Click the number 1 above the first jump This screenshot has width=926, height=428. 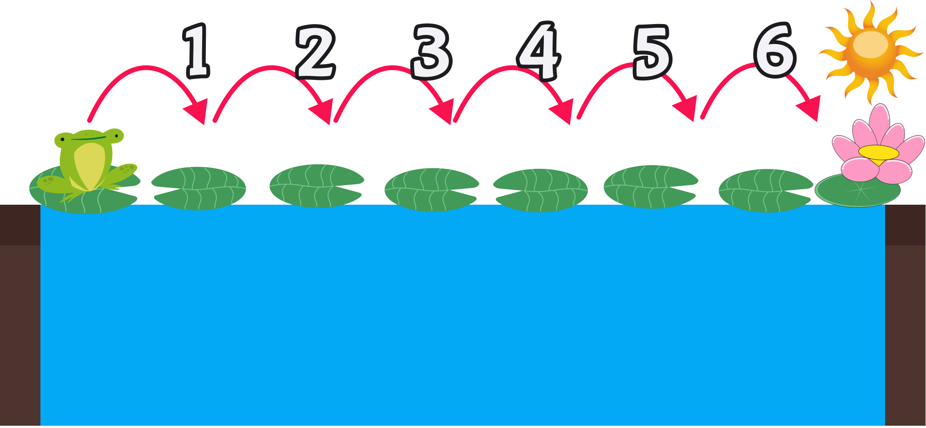click(x=197, y=51)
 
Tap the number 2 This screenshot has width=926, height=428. click(x=315, y=53)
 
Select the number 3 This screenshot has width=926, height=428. click(x=431, y=52)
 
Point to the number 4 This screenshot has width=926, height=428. click(x=539, y=51)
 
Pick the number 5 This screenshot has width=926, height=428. click(x=652, y=52)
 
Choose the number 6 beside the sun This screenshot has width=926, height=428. click(x=775, y=50)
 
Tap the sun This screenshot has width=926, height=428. click(x=870, y=50)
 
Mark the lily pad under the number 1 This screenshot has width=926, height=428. click(x=199, y=188)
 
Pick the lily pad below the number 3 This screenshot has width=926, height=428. click(x=431, y=190)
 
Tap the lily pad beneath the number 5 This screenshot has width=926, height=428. click(x=650, y=187)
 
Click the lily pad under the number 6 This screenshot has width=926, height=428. click(x=765, y=191)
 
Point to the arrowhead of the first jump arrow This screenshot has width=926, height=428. click(x=198, y=111)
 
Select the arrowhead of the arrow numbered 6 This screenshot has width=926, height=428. click(x=810, y=109)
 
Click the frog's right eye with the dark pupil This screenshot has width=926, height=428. click(x=115, y=135)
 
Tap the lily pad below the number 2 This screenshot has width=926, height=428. click(x=316, y=186)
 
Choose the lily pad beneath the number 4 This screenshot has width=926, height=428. click(x=540, y=190)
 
